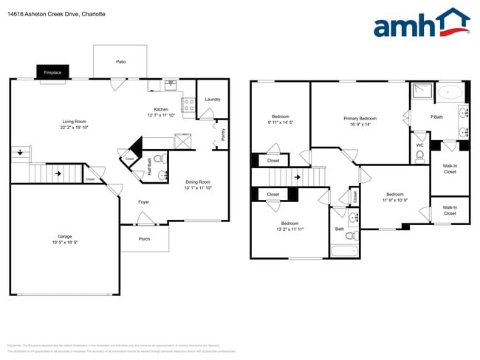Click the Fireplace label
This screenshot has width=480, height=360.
[x=52, y=72]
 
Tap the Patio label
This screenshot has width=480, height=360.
[x=120, y=62]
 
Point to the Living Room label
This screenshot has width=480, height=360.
[x=74, y=121]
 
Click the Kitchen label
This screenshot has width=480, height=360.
[x=161, y=109]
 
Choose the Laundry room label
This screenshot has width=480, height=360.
[x=213, y=99]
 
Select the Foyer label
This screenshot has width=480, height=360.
[x=144, y=201]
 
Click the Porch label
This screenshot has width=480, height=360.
[x=145, y=238]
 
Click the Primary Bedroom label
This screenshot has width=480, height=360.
[x=360, y=118]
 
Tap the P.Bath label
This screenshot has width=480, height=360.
[x=437, y=117]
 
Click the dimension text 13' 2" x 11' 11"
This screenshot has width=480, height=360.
[x=289, y=229]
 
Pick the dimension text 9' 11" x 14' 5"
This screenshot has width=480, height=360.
[x=280, y=122]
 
